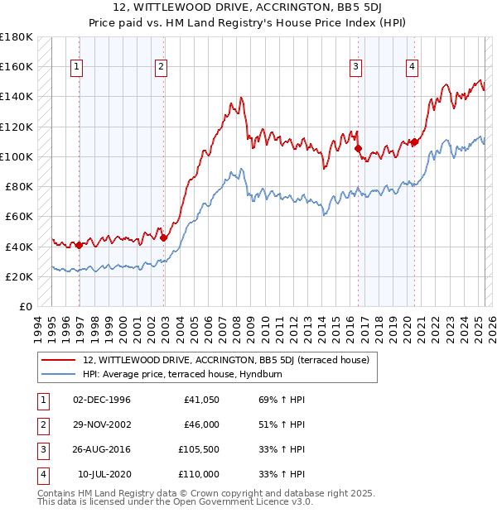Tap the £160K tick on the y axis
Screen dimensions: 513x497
[17, 66]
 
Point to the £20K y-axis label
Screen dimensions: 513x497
[19, 276]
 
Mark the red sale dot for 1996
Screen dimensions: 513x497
[80, 245]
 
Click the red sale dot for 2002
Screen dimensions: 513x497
[163, 237]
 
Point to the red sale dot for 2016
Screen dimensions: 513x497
[358, 149]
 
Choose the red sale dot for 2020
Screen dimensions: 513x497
[414, 141]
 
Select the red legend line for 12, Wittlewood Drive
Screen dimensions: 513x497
[58, 360]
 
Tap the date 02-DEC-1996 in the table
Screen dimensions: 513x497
[102, 400]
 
